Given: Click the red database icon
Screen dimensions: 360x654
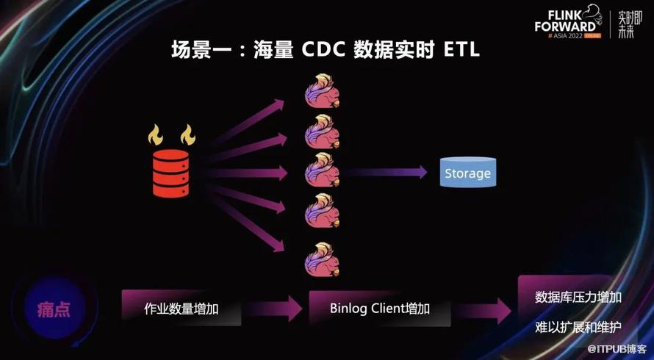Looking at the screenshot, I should click(x=170, y=173).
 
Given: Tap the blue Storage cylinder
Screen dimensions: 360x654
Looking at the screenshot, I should click(x=467, y=173).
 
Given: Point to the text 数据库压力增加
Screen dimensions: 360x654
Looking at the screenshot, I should click(x=578, y=297).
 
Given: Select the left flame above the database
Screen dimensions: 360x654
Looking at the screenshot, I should click(x=156, y=134).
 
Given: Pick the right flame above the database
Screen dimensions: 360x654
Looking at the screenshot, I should click(x=187, y=134).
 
